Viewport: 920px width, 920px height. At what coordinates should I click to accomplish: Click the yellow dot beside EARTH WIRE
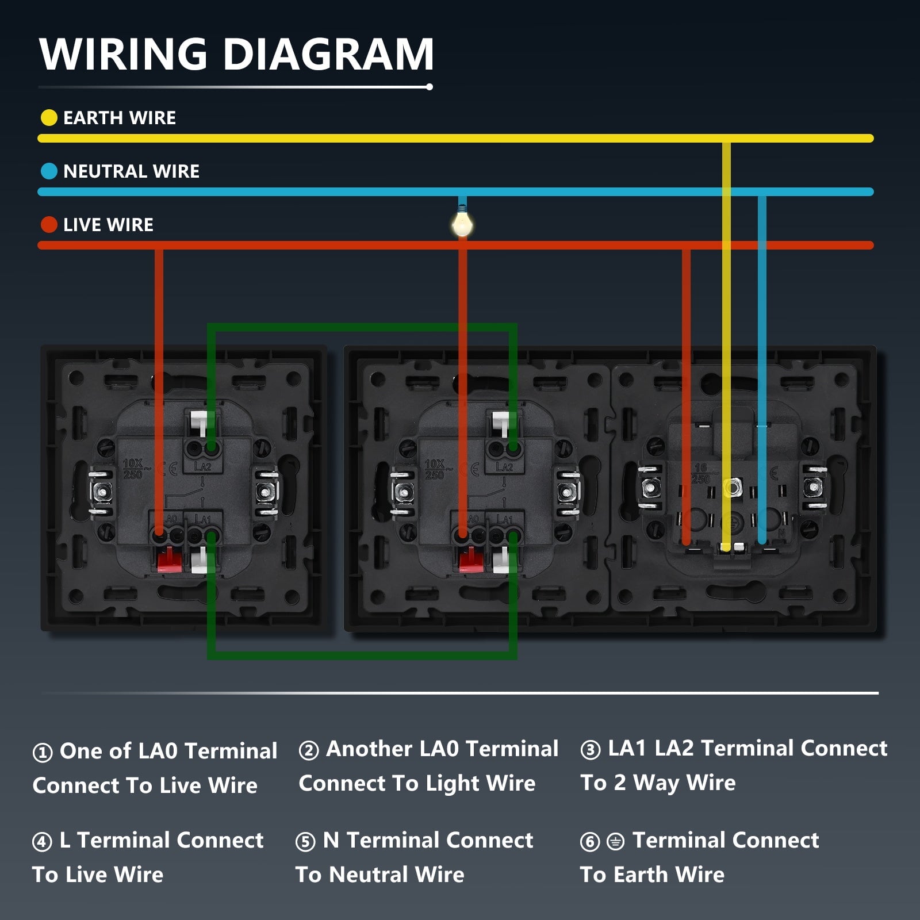[49, 118]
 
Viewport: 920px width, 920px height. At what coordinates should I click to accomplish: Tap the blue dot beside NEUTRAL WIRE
[49, 171]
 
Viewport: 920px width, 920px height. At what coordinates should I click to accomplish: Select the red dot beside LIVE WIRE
[49, 225]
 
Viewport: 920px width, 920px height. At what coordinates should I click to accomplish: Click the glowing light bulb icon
[462, 224]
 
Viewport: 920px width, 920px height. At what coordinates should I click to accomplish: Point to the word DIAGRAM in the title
[328, 54]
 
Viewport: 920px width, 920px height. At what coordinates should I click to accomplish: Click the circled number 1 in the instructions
[43, 752]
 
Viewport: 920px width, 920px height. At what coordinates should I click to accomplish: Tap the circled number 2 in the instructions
[309, 750]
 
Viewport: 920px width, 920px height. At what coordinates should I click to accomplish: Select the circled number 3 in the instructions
[591, 749]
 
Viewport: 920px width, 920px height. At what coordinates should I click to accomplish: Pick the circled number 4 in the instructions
[42, 842]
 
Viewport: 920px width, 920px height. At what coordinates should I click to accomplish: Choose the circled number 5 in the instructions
[305, 842]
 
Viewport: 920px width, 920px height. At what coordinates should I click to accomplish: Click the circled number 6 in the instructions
[590, 842]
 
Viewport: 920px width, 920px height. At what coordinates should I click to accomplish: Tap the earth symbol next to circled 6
[615, 842]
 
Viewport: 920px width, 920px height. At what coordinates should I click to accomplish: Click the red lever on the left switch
[167, 559]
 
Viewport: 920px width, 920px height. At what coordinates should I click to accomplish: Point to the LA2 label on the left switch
[202, 466]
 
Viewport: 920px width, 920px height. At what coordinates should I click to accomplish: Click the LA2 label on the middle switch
[504, 467]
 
